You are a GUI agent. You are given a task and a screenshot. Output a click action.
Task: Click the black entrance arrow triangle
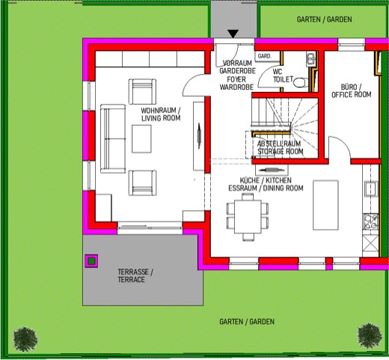pos(233,34)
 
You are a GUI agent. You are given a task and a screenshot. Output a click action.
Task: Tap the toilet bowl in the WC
pos(301,82)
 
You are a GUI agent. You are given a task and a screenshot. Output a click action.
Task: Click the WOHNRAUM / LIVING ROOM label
pos(161,115)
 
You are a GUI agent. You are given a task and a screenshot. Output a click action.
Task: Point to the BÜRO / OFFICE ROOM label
pos(352,91)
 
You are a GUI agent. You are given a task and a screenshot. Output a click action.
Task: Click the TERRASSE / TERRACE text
pos(135,275)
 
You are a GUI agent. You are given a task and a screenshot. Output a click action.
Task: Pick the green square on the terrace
pos(91,261)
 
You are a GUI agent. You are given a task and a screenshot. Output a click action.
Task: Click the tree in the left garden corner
pos(25,339)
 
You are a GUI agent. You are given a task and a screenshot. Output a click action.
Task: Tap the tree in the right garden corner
pos(370,335)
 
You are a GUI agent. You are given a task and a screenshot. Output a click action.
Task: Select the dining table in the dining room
pos(248,216)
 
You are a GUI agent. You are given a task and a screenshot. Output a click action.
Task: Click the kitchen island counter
pos(325,205)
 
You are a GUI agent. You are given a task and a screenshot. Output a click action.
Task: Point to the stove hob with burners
pos(371,222)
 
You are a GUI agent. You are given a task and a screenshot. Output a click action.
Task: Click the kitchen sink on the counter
pos(372,189)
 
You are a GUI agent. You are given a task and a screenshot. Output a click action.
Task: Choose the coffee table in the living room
pos(141,139)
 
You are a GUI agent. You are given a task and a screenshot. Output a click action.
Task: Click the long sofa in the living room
pos(113,138)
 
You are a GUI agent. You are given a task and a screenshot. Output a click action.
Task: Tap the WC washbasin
pos(310,60)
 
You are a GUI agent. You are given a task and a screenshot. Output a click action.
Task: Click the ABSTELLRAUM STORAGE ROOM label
pos(280,147)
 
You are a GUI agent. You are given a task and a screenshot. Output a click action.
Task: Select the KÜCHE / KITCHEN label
pos(266,180)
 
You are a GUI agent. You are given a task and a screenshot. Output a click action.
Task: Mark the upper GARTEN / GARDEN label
pos(324,19)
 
